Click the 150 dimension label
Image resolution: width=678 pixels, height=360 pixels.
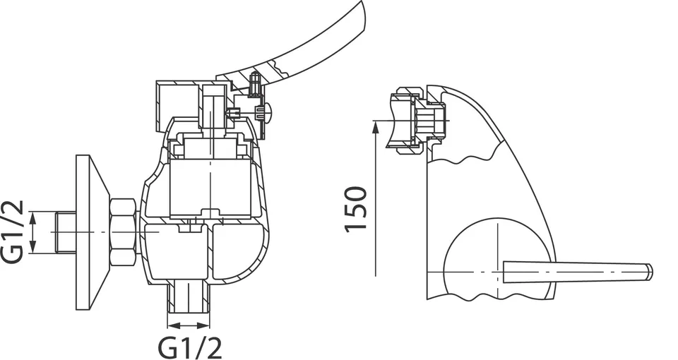pos(355,209)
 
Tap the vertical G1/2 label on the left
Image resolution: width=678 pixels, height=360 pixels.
pos(13,232)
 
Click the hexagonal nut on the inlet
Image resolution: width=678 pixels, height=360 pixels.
pos(123,232)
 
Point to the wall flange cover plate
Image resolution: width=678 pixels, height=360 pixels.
pos(92,232)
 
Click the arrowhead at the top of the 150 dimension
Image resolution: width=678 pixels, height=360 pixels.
pos(375,126)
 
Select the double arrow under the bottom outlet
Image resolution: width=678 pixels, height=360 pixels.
pos(189,325)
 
